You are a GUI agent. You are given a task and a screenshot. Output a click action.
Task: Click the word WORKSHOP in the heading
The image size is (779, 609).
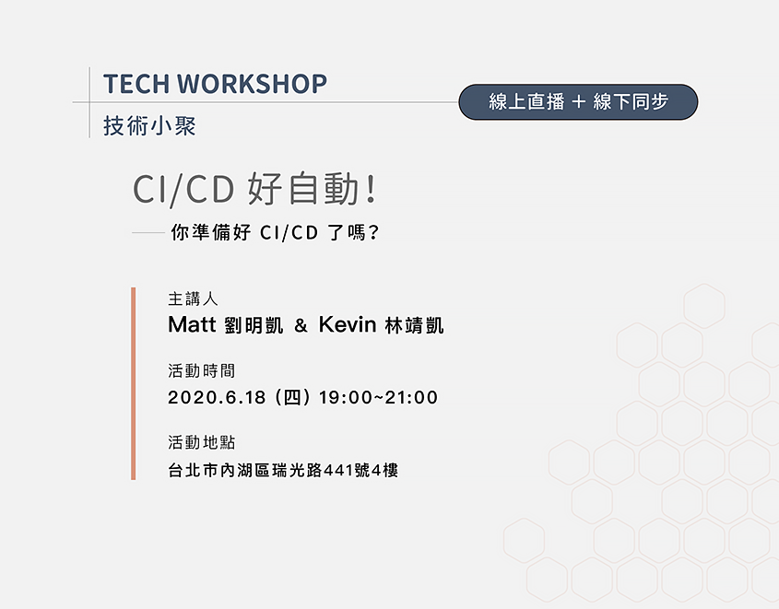point(252,84)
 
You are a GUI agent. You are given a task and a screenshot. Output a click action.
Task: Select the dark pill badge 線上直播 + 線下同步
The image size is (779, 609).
point(578,102)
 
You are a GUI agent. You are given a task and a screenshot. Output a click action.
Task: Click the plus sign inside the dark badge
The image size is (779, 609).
point(578,103)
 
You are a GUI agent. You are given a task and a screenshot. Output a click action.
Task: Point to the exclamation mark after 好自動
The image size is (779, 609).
point(371,190)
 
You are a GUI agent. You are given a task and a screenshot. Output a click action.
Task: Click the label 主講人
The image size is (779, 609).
point(193,299)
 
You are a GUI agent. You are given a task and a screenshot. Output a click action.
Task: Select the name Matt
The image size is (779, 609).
point(192,325)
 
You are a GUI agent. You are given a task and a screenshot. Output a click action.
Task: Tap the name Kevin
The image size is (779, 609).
point(348,325)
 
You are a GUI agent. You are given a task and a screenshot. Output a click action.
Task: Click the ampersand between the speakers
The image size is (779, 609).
point(301,326)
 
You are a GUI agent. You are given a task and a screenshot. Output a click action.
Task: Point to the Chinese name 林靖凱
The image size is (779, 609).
point(415,326)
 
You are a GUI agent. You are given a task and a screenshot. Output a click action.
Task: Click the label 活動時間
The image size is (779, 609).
point(201,371)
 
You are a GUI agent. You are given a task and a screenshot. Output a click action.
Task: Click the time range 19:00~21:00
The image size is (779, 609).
point(378,398)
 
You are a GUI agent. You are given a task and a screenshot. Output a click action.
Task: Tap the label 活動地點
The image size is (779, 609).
point(201,442)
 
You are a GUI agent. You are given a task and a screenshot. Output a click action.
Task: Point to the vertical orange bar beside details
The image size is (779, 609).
point(134,383)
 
